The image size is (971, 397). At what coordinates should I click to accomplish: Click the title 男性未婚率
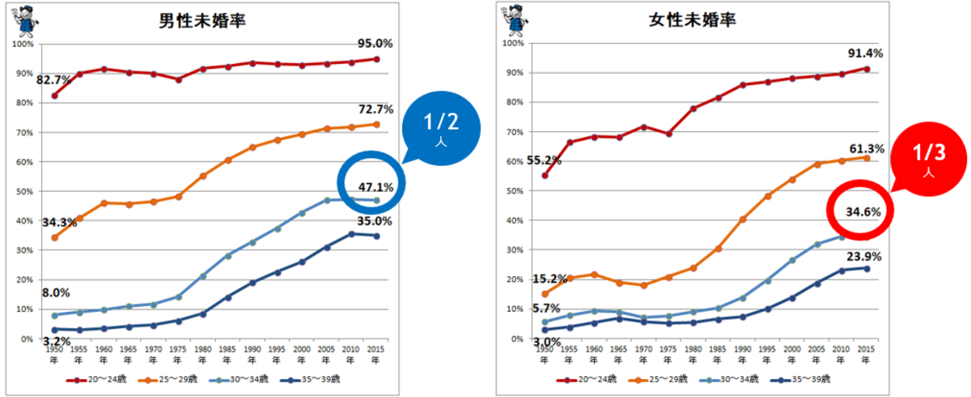[x=202, y=22]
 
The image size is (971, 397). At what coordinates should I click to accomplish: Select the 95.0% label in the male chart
[x=374, y=43]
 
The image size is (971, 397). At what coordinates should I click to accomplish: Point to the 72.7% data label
[x=374, y=109]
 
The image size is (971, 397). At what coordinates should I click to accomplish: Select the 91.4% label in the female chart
[x=864, y=53]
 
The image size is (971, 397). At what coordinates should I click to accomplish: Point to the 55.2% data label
[x=542, y=160]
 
